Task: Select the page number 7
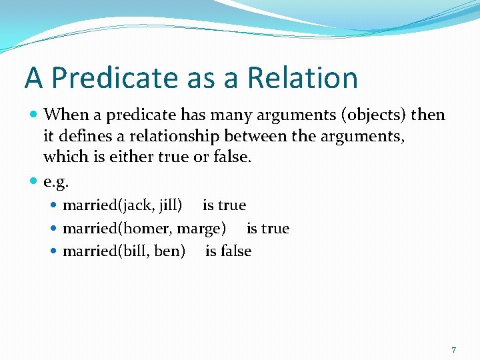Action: pyautogui.click(x=453, y=349)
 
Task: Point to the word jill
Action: pyautogui.click(x=167, y=205)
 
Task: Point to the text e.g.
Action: pyautogui.click(x=56, y=181)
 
